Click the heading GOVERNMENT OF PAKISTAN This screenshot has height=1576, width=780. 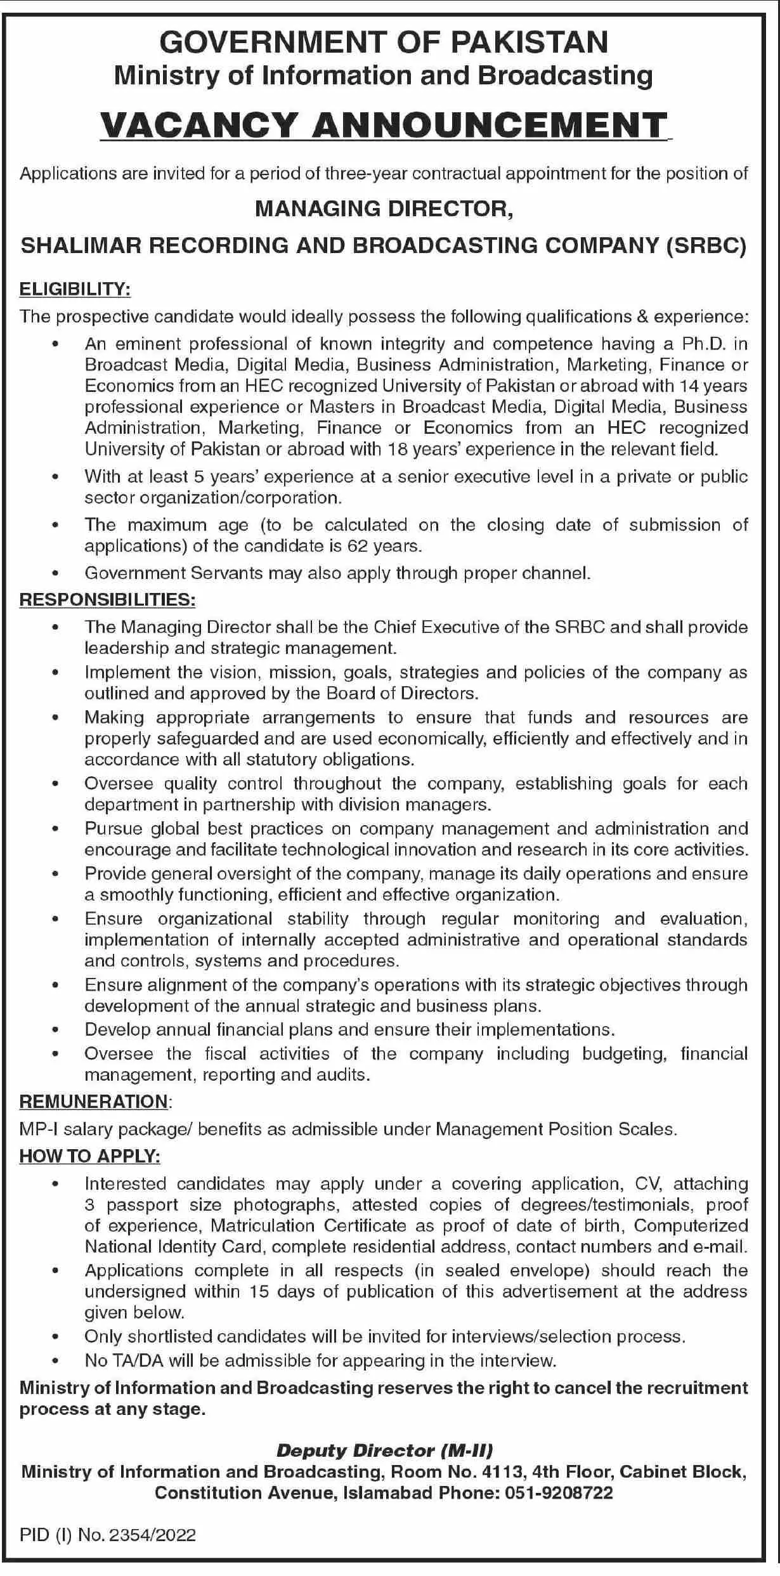click(x=384, y=42)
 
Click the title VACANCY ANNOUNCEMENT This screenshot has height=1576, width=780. click(x=384, y=125)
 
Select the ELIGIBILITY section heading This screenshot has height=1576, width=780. click(x=75, y=290)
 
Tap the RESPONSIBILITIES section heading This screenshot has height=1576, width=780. click(x=107, y=599)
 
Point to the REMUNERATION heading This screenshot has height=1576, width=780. click(x=94, y=1102)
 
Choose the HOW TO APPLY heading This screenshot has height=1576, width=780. click(x=89, y=1156)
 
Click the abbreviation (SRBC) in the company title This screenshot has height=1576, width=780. click(x=706, y=245)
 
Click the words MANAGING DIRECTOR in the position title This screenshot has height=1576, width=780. click(x=384, y=209)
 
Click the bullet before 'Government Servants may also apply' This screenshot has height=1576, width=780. click(x=56, y=573)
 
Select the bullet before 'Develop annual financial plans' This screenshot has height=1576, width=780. click(x=56, y=1029)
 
